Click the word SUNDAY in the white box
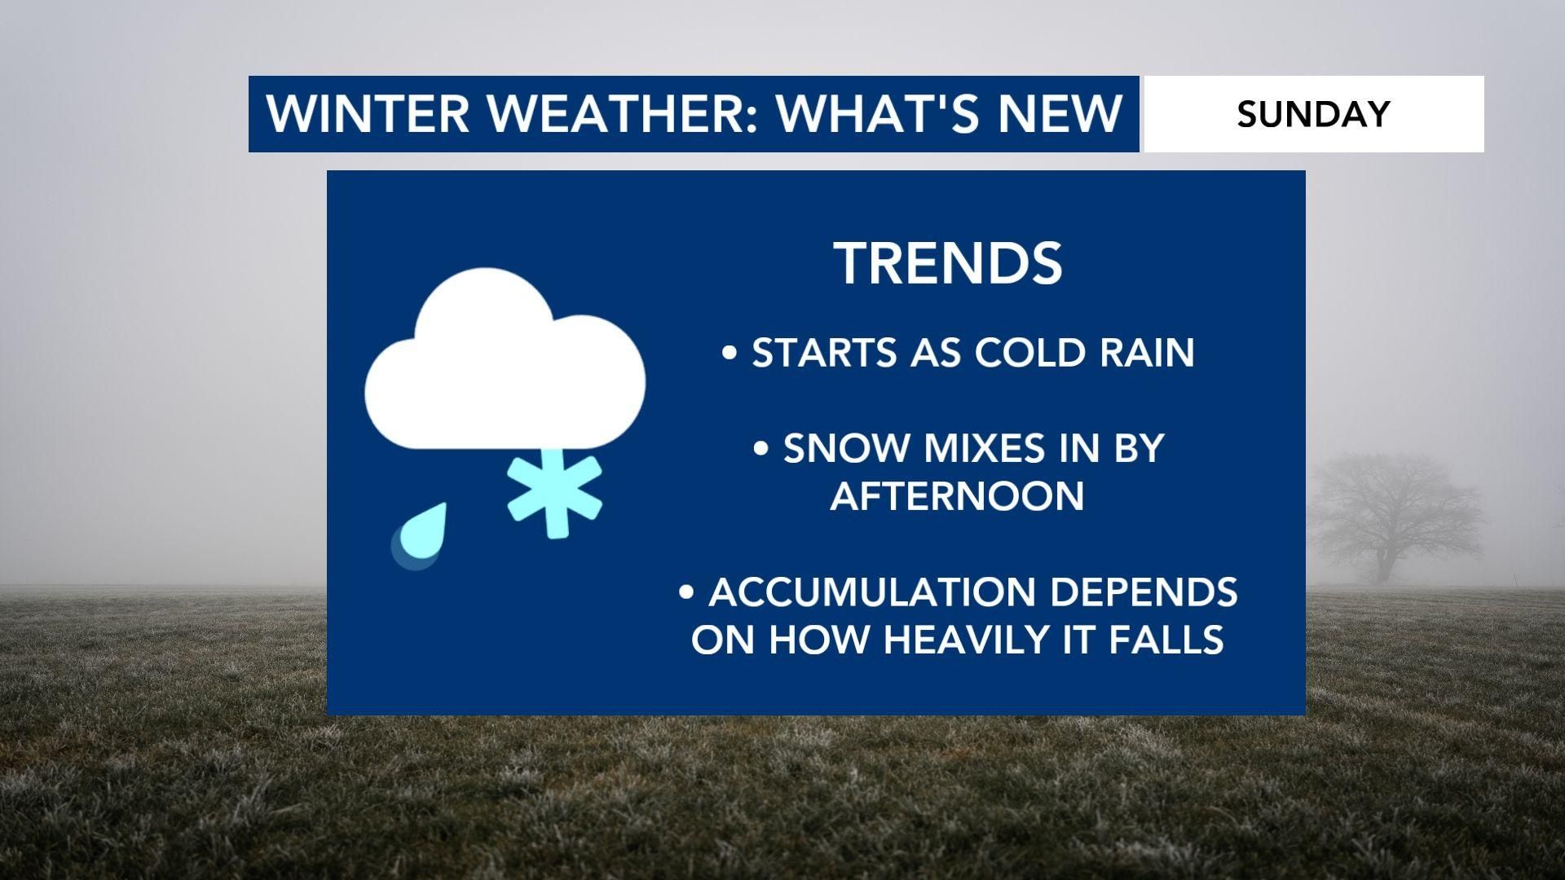[1313, 113]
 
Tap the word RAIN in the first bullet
[1147, 352]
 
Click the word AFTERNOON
[957, 495]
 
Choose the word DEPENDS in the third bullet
[1144, 592]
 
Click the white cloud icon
[505, 367]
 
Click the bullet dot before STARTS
[730, 354]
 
